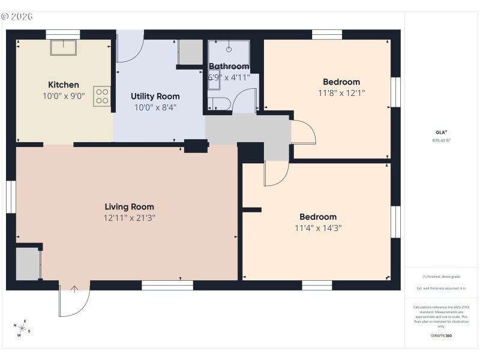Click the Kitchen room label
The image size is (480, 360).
point(64,85)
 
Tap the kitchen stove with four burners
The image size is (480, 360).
point(102,97)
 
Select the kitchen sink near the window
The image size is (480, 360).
point(63,47)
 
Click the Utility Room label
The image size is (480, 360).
point(155,96)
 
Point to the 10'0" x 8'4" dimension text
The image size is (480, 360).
point(155,107)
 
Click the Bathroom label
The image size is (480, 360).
point(229,66)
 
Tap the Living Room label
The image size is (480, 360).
point(129,206)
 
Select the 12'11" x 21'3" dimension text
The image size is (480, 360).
point(129,218)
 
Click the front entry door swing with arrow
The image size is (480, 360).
point(74,300)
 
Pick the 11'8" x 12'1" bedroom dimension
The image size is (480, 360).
point(341,93)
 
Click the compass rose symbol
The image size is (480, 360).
point(23,328)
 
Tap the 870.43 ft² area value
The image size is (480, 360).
point(441,140)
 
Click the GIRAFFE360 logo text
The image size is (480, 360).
point(441,335)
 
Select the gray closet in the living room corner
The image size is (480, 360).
point(27,264)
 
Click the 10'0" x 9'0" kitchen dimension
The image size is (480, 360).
point(64,95)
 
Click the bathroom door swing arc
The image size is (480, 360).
point(244,101)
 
